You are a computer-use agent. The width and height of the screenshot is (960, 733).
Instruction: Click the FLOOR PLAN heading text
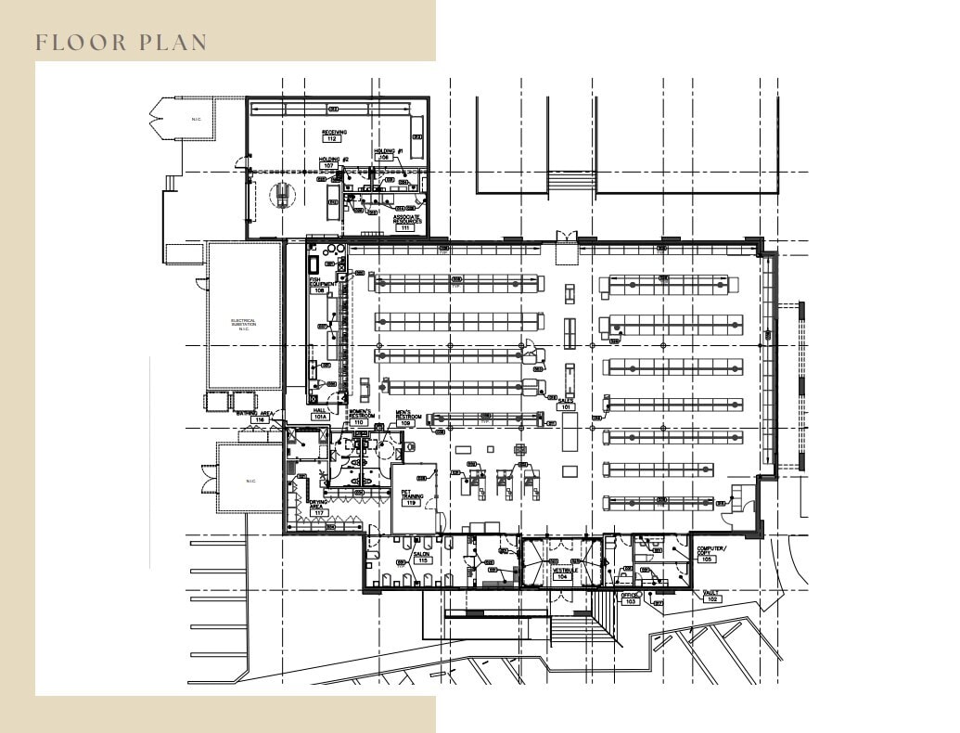pyautogui.click(x=121, y=43)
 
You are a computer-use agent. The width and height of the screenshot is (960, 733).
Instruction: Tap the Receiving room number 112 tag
pyautogui.click(x=334, y=138)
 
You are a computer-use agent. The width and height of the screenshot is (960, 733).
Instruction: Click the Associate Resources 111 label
pyautogui.click(x=407, y=223)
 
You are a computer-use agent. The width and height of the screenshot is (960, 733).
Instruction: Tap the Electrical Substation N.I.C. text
pyautogui.click(x=244, y=325)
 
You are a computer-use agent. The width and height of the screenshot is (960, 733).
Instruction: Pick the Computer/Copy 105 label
pyautogui.click(x=710, y=555)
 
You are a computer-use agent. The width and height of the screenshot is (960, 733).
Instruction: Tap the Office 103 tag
pyautogui.click(x=630, y=598)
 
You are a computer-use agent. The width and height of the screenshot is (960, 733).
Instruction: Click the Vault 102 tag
pyautogui.click(x=712, y=598)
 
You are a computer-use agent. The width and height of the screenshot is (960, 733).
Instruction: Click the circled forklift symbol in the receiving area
pyautogui.click(x=278, y=194)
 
